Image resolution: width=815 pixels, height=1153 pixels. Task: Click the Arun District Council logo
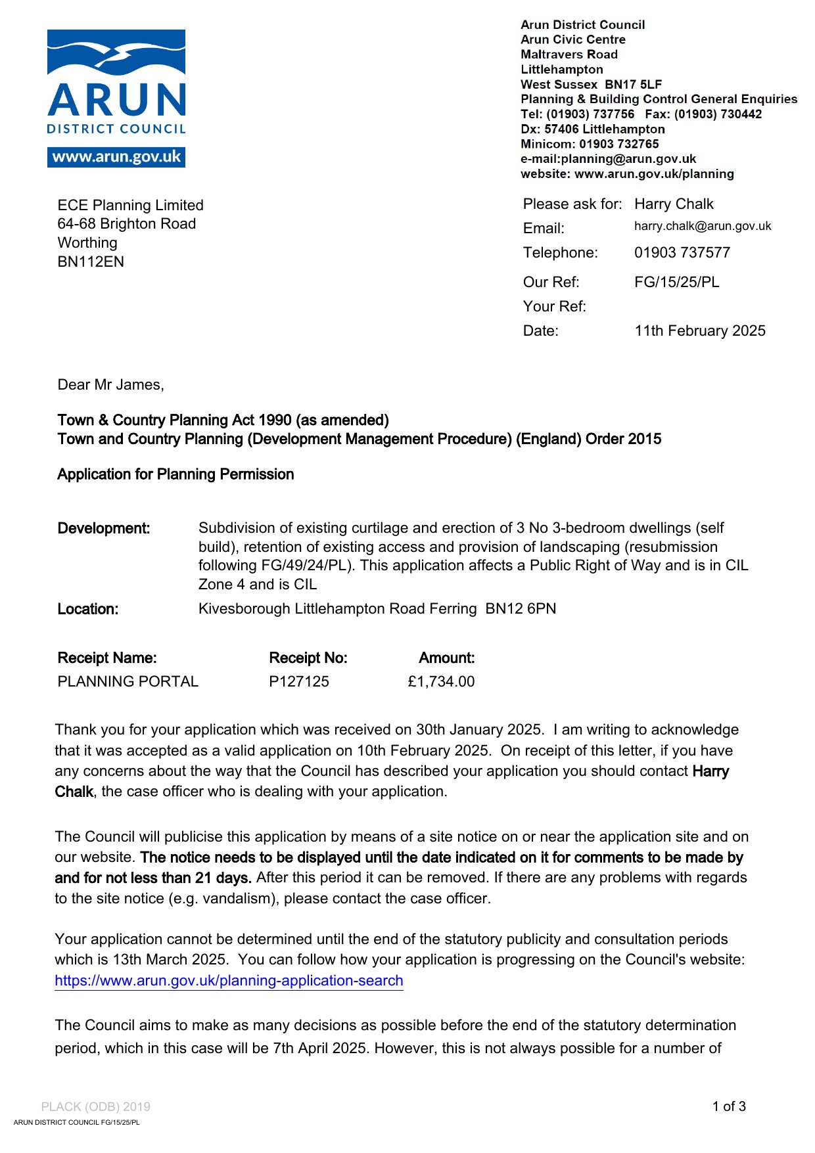point(116,82)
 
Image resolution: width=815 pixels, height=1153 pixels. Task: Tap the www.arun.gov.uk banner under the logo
point(116,157)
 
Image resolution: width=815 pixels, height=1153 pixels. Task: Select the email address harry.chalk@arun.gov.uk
point(703,226)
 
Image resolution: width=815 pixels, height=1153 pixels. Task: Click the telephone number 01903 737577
point(682,252)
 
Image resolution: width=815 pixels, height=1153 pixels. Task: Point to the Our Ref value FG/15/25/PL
point(677,282)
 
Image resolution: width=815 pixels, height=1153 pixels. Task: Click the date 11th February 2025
point(700,330)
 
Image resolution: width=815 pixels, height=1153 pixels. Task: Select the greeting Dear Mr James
point(110,384)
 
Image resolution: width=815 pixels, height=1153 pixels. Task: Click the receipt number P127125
point(299,681)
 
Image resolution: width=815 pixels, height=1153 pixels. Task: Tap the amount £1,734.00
point(441,681)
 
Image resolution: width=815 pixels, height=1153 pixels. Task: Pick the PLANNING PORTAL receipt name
point(128,681)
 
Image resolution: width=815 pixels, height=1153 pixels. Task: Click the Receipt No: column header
point(308,658)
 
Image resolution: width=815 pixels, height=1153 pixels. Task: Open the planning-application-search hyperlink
point(229,980)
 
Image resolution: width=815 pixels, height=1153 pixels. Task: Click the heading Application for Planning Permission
point(175,474)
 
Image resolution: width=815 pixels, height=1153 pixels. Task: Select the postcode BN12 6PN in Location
point(521,608)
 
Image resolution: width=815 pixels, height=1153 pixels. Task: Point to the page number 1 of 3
point(729,1106)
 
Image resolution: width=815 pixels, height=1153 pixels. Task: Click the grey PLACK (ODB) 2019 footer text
point(96,1107)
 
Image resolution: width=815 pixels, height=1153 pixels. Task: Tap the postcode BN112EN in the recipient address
point(91,261)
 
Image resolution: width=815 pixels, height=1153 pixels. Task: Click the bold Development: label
point(104,528)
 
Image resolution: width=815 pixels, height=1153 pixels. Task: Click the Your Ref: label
point(555,306)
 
